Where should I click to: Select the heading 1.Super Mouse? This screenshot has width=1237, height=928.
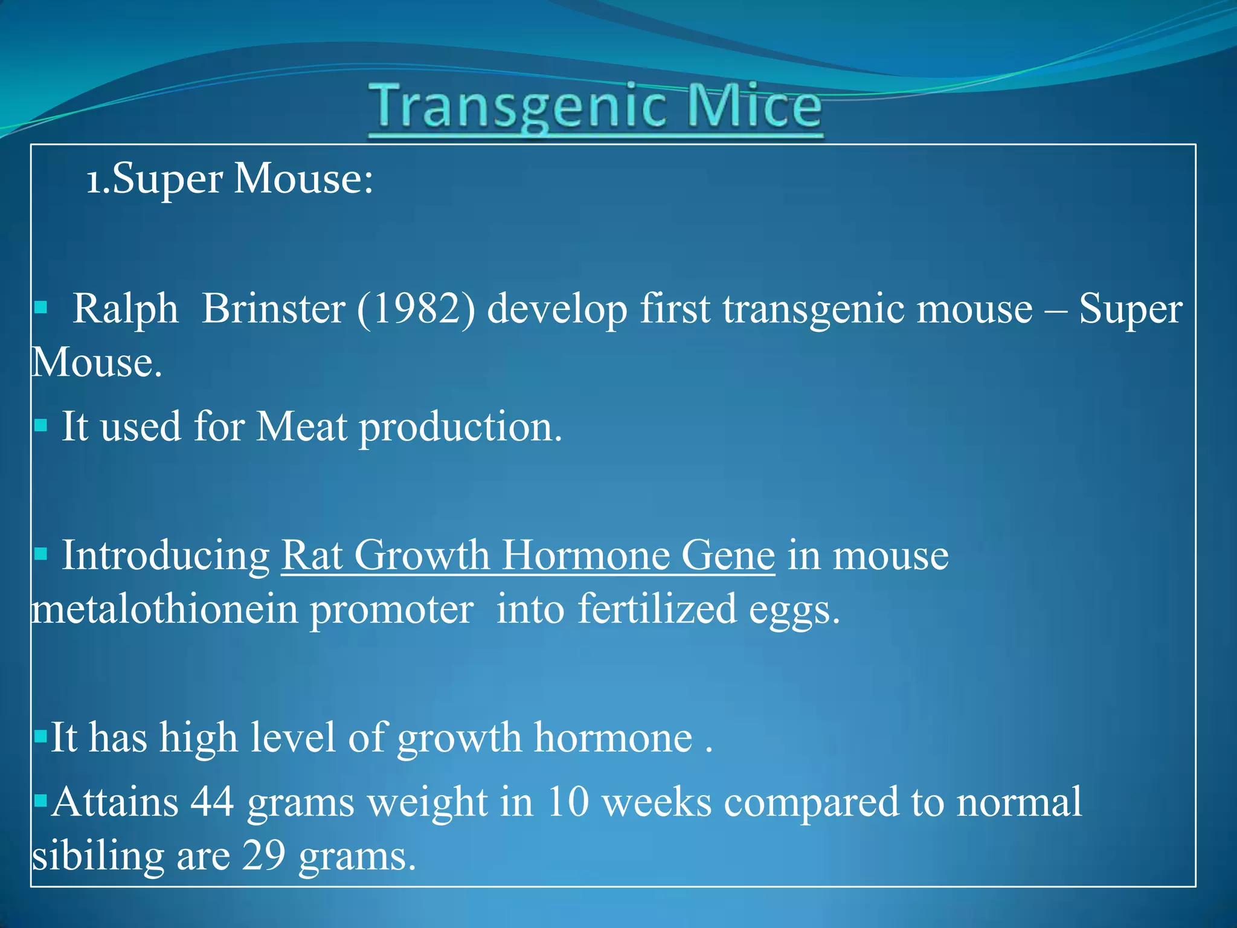click(230, 179)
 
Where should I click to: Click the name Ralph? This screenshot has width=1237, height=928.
click(126, 309)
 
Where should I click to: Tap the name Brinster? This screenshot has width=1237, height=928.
click(273, 309)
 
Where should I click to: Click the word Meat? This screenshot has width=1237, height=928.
click(301, 427)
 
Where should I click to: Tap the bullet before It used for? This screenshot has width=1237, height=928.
click(41, 426)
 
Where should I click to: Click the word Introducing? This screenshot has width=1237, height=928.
click(166, 556)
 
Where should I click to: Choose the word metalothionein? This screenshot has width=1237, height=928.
click(164, 609)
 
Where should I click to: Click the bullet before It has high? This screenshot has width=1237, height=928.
click(41, 736)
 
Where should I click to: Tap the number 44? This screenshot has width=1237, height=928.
click(212, 802)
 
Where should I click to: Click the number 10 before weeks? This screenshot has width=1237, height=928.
click(568, 802)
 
